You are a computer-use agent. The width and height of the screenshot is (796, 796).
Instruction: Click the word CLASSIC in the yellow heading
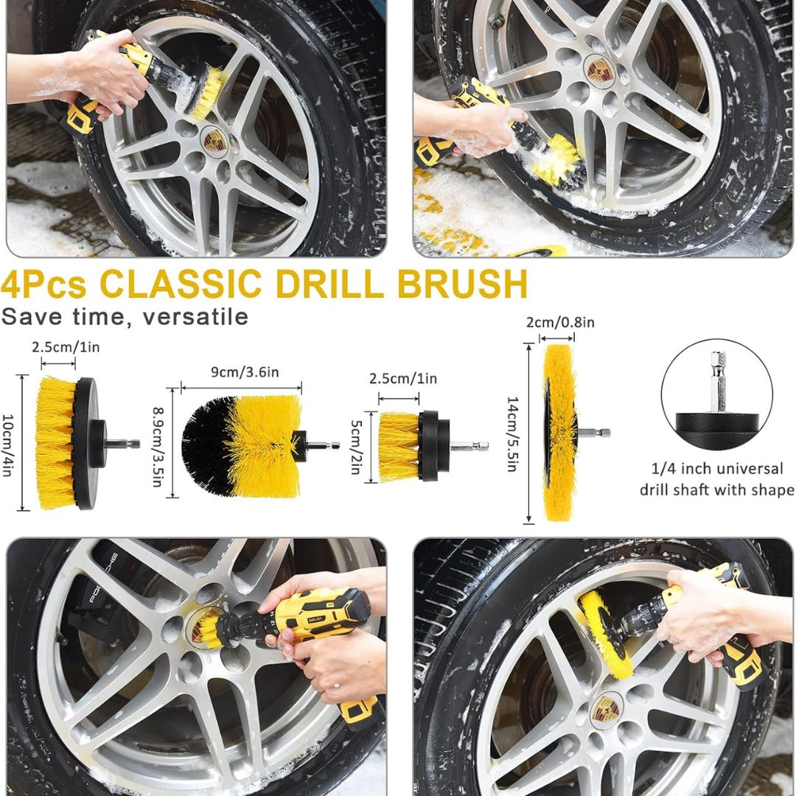(x=180, y=284)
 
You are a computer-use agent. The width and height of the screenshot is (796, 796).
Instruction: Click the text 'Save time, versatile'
(x=125, y=317)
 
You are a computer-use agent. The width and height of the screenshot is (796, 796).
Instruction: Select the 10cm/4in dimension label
(x=9, y=443)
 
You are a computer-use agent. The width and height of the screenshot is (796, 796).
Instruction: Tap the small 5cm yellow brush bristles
(x=399, y=445)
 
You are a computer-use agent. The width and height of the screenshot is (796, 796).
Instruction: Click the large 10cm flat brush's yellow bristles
(x=55, y=442)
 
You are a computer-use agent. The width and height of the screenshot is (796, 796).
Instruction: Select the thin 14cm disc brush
(x=560, y=433)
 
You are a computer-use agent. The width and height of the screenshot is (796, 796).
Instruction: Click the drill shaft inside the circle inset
(x=717, y=382)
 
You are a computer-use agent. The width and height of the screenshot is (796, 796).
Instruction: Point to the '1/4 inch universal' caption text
(x=717, y=469)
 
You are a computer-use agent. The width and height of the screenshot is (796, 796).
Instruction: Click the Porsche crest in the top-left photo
(x=214, y=140)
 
